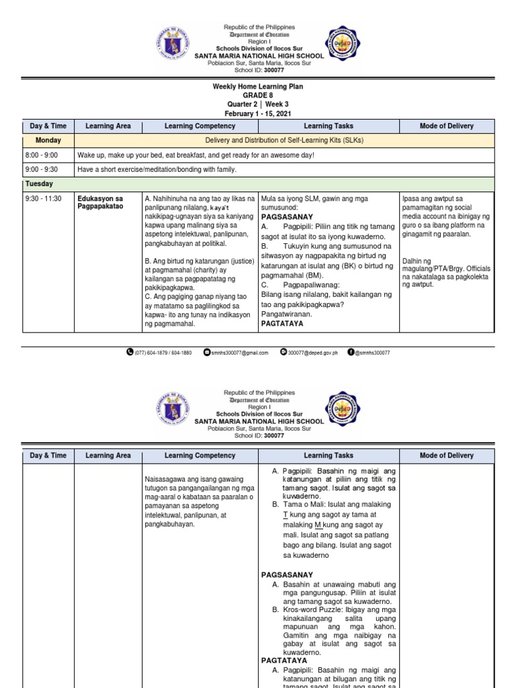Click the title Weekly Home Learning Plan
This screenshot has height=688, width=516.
click(x=258, y=87)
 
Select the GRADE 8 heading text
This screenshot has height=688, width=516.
click(x=258, y=95)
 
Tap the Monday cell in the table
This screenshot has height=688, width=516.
click(x=49, y=140)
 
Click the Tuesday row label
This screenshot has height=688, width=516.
click(x=40, y=183)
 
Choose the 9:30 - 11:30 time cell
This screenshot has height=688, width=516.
click(x=43, y=199)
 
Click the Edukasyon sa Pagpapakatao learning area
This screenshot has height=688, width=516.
click(x=100, y=203)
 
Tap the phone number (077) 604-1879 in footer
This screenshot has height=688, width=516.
click(x=163, y=352)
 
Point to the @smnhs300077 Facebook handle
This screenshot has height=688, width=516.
click(x=372, y=352)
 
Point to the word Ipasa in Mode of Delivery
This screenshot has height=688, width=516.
click(x=410, y=199)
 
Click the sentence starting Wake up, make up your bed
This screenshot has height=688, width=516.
click(x=196, y=155)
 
